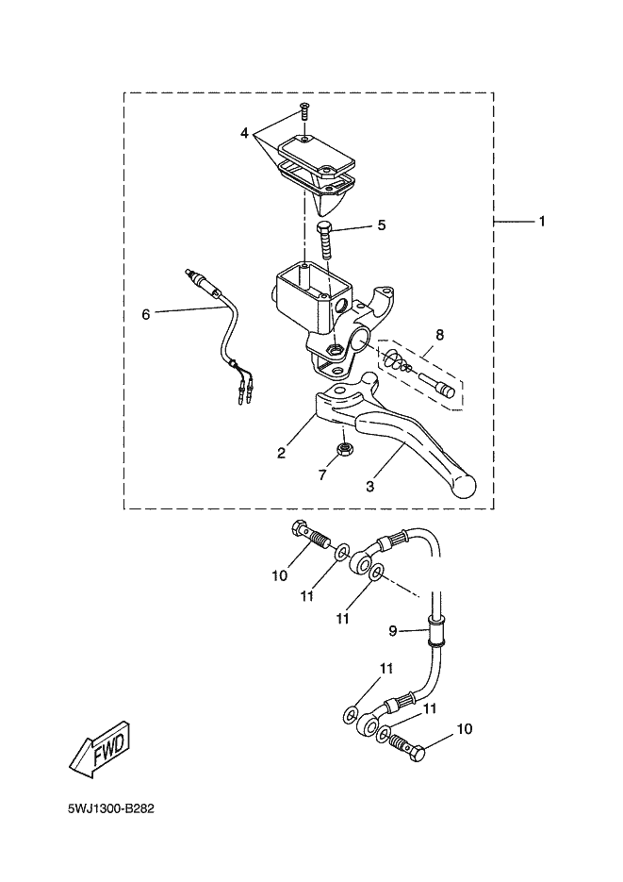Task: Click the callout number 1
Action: (x=542, y=223)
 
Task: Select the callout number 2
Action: (x=281, y=454)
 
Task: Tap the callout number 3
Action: (x=370, y=487)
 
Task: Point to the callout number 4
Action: (x=244, y=133)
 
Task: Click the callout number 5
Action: (x=381, y=225)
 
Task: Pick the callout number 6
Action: (x=146, y=314)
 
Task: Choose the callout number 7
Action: (x=322, y=475)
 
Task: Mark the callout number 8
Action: (x=439, y=334)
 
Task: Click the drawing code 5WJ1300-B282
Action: (x=111, y=809)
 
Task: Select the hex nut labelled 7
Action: (x=345, y=449)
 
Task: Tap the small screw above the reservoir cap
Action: (x=304, y=111)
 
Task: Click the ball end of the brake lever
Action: (x=465, y=487)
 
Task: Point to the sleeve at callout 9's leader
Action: (x=436, y=629)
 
